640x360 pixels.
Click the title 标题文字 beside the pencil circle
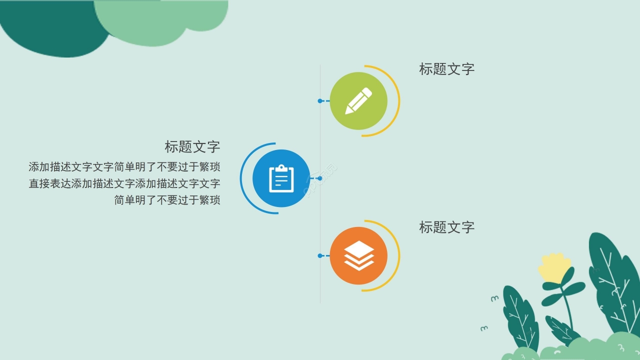click(x=446, y=69)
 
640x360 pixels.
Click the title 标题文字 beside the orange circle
click(x=446, y=227)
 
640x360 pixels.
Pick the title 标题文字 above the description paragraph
click(x=192, y=147)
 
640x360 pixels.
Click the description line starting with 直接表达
click(x=124, y=183)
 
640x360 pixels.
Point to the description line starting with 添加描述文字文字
click(x=124, y=167)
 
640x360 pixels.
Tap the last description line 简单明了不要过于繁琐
click(x=167, y=200)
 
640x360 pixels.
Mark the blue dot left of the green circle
click(x=320, y=101)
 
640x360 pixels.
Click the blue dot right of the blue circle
click(x=320, y=178)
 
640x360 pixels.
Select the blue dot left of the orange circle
click(x=320, y=255)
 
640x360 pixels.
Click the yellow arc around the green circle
click(x=399, y=100)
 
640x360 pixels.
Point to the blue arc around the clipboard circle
click(x=241, y=178)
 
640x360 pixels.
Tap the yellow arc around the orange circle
click(x=399, y=255)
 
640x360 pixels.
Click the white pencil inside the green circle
click(x=358, y=100)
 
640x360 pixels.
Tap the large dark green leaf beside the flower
click(x=612, y=280)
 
